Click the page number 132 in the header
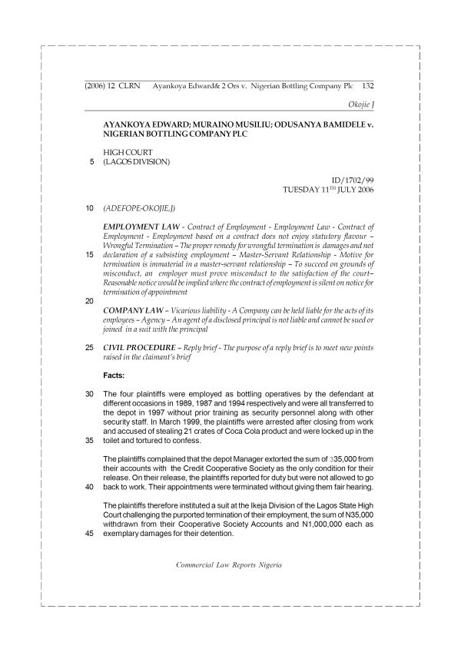(366, 88)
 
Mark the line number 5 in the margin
(91, 161)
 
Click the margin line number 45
(90, 535)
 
